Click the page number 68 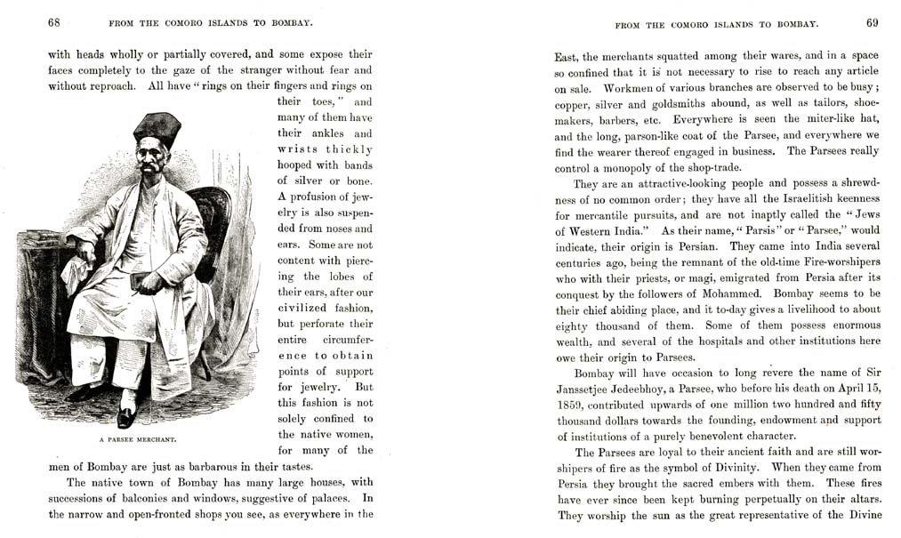[54, 22]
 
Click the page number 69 [872, 22]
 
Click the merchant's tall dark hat [157, 128]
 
